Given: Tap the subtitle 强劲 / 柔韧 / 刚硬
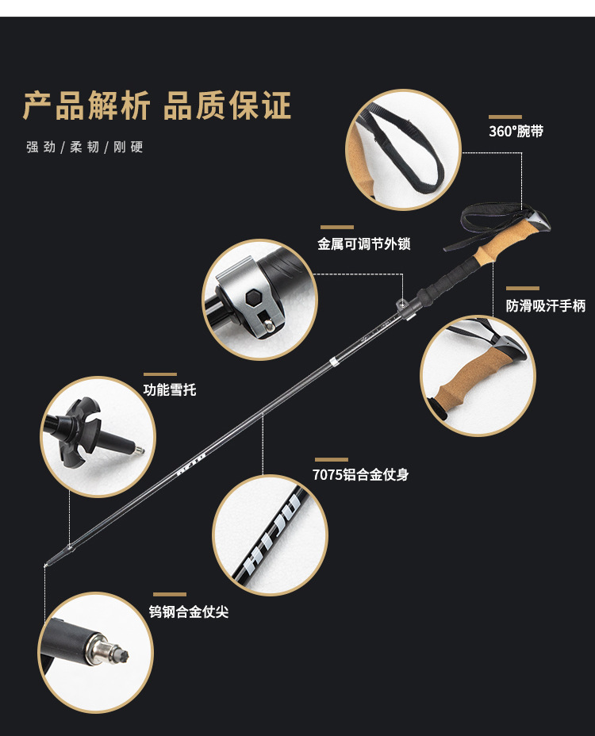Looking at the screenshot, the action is click(x=84, y=147).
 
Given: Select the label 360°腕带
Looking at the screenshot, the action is click(x=516, y=132).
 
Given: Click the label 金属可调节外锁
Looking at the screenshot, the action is click(x=364, y=244).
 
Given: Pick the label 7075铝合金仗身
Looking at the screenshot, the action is click(x=361, y=475).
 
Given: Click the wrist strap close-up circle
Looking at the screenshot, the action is click(x=405, y=150).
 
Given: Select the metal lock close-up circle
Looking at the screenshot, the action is click(x=260, y=299).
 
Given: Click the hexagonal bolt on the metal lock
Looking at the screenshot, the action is click(x=256, y=298).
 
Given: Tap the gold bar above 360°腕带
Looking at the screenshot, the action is click(x=505, y=117).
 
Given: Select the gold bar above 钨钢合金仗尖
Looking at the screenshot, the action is click(x=169, y=595).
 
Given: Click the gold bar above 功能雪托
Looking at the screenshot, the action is click(x=159, y=374).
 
